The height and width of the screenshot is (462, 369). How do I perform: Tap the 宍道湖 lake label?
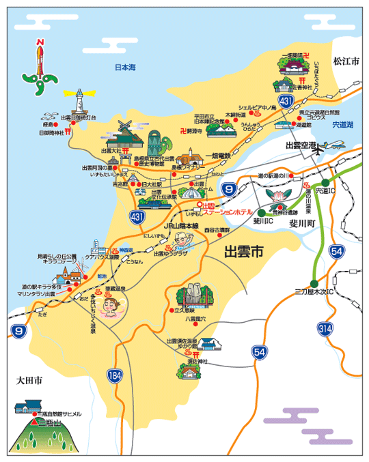point(339,125)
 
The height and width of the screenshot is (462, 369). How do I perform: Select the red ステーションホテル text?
point(229,212)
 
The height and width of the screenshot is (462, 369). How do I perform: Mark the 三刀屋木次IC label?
point(313,293)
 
